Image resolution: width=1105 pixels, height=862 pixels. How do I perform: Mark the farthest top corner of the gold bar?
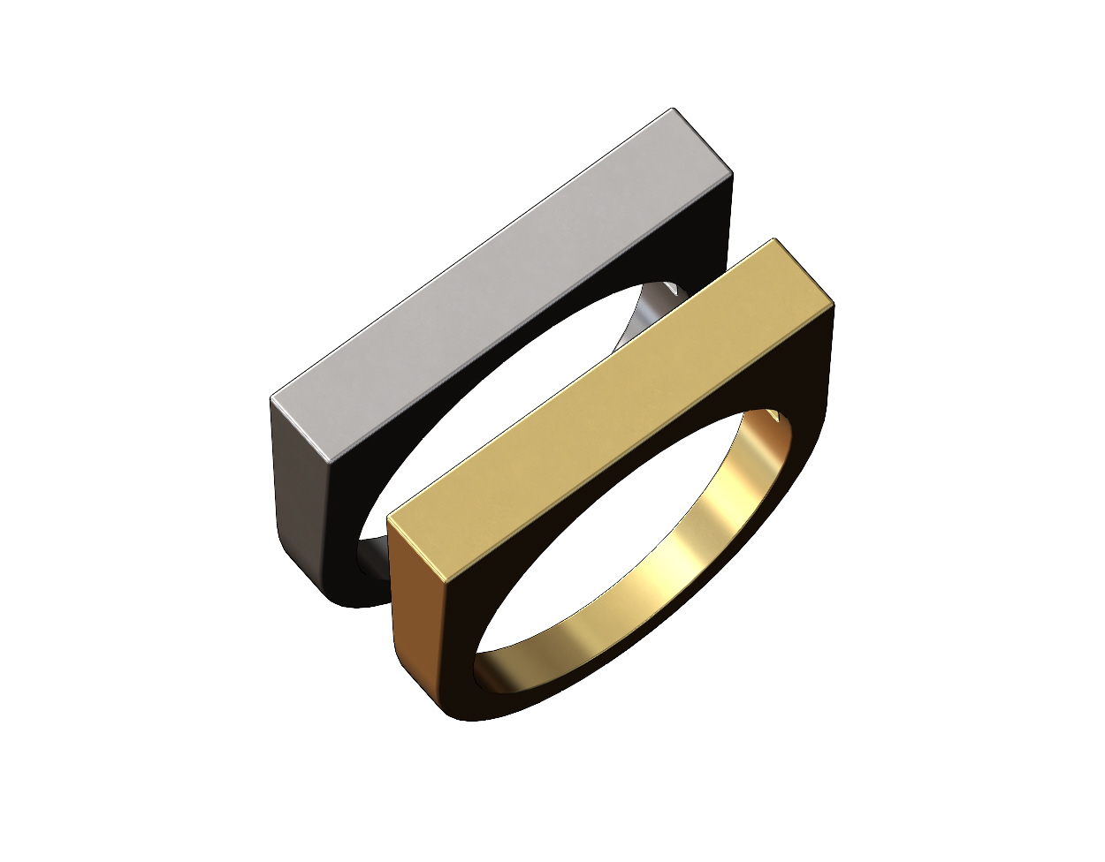(774, 239)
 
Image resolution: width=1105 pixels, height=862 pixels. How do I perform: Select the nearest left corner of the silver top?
(271, 399)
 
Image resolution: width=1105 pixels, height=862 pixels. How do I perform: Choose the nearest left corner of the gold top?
(389, 521)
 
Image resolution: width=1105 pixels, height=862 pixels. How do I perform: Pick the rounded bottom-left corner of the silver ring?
(340, 596)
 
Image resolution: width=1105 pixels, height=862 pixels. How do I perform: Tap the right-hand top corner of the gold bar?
(834, 305)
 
